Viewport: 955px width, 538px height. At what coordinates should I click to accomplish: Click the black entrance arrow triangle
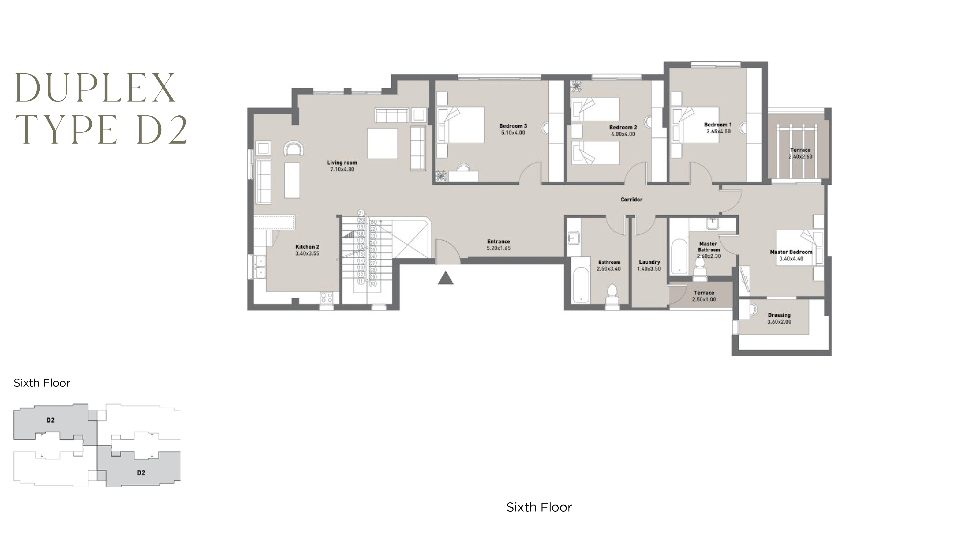coord(446,279)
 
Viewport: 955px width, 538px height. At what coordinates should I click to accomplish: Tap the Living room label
coord(342,162)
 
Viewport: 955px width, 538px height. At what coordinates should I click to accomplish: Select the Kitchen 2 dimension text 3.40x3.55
coord(307,254)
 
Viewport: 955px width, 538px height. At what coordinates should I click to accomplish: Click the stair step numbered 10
coord(373,284)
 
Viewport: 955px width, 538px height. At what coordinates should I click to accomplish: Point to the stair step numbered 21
coord(361,213)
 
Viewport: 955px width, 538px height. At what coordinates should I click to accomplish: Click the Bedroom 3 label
coord(513,126)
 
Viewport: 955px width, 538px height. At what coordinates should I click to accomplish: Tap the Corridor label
coord(631,200)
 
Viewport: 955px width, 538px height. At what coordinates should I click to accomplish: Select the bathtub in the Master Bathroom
coord(679,256)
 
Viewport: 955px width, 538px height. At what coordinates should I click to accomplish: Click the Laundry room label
coord(649,262)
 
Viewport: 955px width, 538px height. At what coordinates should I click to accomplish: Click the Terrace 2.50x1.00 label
coord(704,293)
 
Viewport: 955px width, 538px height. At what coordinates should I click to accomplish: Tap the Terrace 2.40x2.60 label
coord(800,150)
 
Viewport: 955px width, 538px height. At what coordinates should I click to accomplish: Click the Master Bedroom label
coord(791,252)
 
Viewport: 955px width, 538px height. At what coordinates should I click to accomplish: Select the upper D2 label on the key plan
coord(50,420)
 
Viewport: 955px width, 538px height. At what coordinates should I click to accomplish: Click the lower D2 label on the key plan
coord(141,473)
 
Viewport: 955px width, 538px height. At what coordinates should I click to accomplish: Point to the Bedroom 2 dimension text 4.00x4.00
coord(623,134)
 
